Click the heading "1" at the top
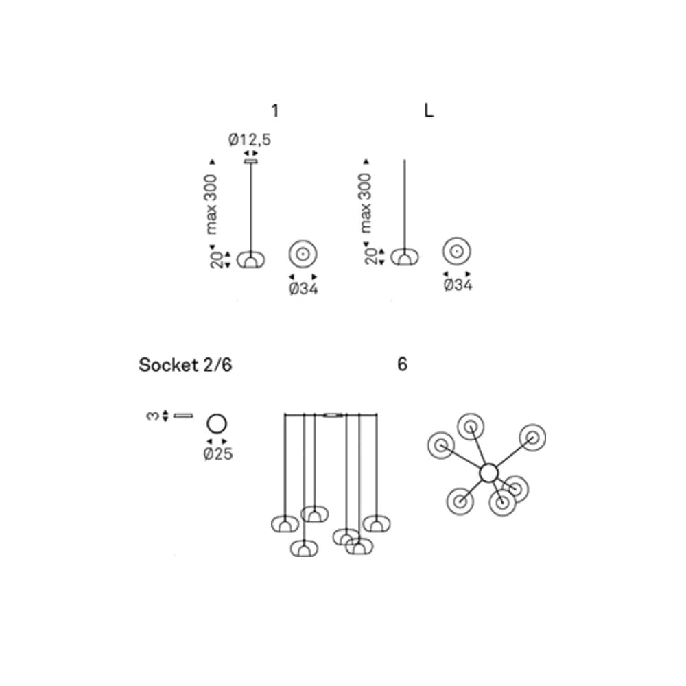click(275, 110)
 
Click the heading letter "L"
click(429, 110)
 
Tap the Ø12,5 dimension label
click(250, 140)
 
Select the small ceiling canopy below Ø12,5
click(250, 162)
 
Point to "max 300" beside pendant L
click(366, 204)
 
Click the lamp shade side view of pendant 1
click(250, 259)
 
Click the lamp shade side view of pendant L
click(405, 258)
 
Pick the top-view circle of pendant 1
click(303, 254)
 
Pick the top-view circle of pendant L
click(456, 252)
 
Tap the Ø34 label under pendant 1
click(303, 289)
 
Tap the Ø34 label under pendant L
click(458, 285)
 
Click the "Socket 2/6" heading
click(185, 365)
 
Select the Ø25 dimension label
click(217, 454)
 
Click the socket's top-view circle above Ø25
click(217, 424)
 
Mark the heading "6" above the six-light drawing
click(402, 365)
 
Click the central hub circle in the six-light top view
click(488, 473)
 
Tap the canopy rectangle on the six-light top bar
click(333, 415)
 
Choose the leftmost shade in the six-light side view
click(284, 523)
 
